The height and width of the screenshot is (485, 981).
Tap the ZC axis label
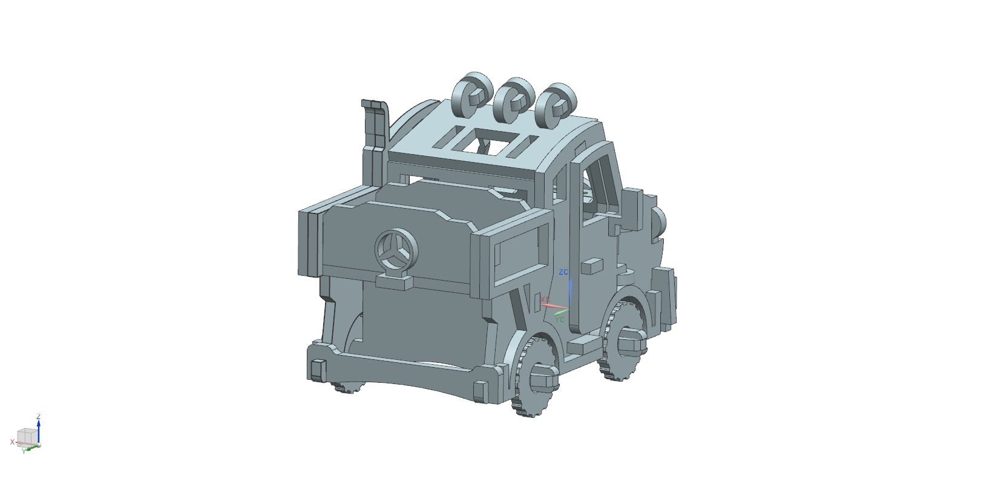[x=563, y=272]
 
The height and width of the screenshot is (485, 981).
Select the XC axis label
[x=545, y=300]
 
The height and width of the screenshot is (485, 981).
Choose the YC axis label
[x=560, y=319]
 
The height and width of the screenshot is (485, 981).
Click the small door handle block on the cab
[x=591, y=265]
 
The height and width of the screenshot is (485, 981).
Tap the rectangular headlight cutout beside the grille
[x=516, y=253]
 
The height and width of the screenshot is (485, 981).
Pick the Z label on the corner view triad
[x=38, y=417]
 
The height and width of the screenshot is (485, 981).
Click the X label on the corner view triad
[x=11, y=442]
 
